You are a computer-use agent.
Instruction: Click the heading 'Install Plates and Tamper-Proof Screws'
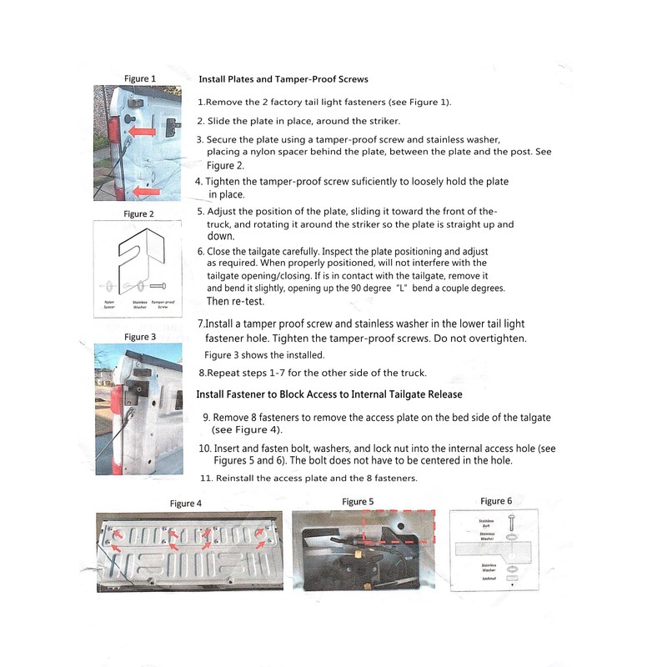click(x=283, y=79)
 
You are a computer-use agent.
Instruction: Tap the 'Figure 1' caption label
click(x=140, y=78)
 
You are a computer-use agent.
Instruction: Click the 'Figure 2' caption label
click(x=139, y=214)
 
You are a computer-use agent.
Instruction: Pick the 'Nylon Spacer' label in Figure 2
click(x=109, y=304)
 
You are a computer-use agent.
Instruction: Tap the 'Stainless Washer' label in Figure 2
click(x=139, y=304)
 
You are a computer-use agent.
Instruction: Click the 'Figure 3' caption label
click(x=140, y=337)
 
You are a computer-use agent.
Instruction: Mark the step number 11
click(x=207, y=479)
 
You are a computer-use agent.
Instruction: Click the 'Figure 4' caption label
click(x=186, y=504)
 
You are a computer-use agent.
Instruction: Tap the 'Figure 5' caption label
click(x=358, y=502)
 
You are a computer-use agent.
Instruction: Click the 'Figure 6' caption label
click(x=496, y=501)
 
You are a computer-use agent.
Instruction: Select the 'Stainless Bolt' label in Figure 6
click(x=487, y=524)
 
